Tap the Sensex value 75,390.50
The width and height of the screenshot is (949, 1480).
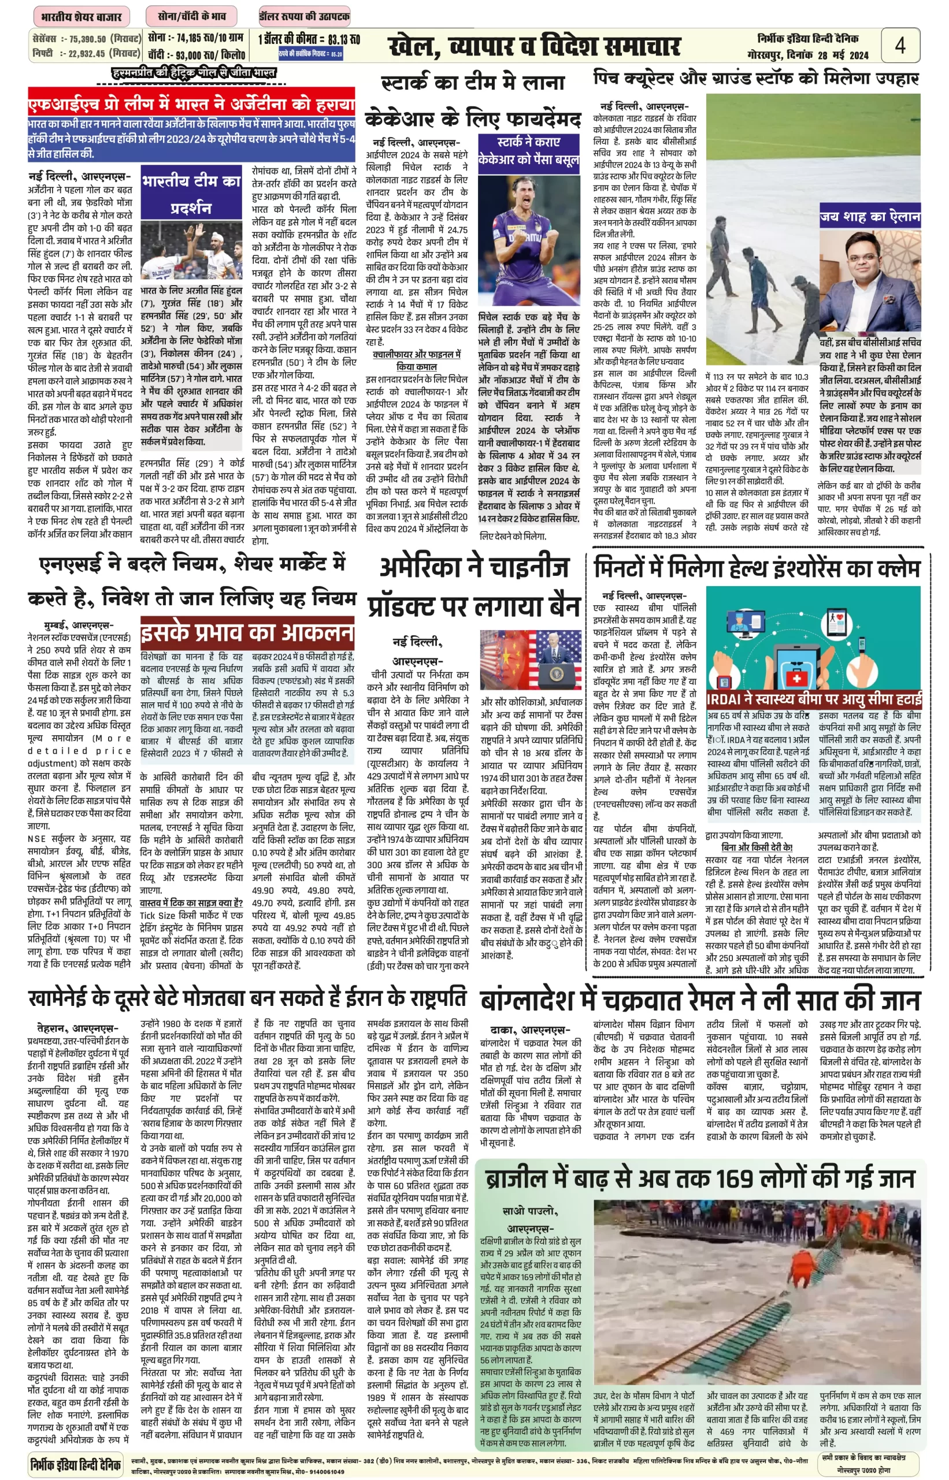(87, 39)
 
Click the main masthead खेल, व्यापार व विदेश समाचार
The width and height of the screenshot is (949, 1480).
(535, 46)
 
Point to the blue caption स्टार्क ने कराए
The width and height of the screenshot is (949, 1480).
(529, 142)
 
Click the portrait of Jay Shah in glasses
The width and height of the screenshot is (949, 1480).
(869, 283)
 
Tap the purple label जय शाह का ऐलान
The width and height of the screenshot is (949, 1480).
(869, 216)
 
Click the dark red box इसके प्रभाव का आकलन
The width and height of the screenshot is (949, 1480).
(247, 632)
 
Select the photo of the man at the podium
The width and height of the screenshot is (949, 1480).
(531, 660)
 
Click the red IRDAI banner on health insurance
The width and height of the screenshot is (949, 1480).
(813, 699)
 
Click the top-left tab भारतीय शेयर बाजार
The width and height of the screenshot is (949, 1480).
(81, 17)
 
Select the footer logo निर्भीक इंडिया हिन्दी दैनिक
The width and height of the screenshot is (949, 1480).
(75, 1463)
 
